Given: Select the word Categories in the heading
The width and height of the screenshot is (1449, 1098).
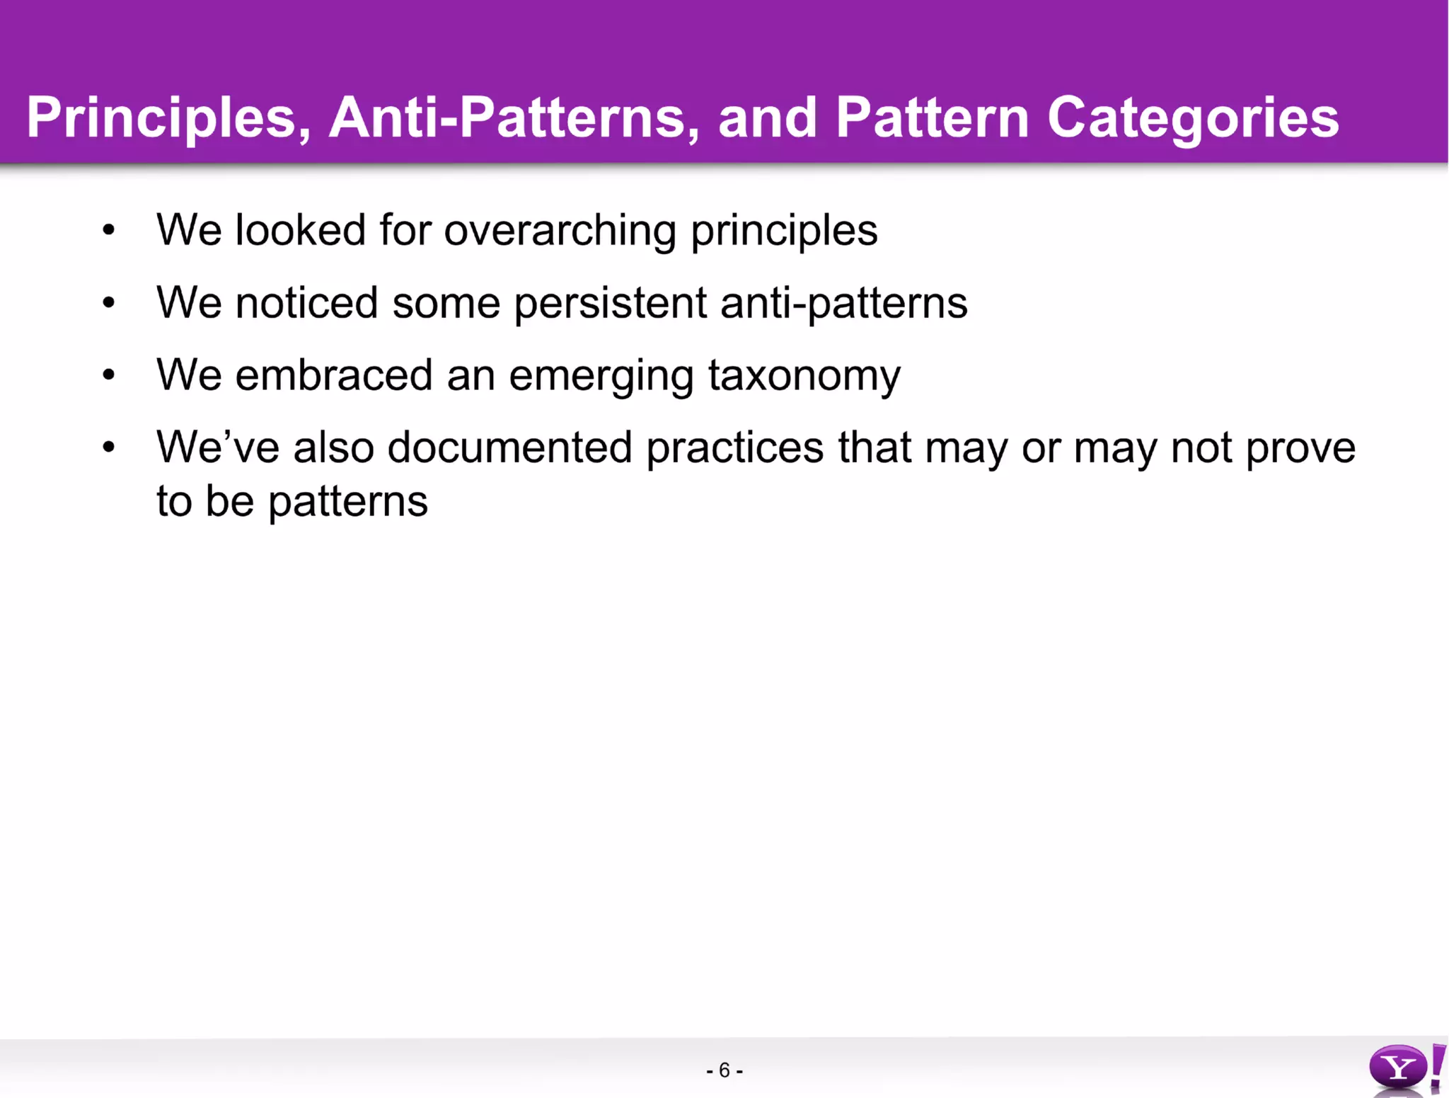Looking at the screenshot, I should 1193,118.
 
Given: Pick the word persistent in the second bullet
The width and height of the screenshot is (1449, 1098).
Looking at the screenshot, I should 610,303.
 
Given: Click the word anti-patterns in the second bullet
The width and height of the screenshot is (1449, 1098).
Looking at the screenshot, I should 843,303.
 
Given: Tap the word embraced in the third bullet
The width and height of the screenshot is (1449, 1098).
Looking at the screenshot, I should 333,375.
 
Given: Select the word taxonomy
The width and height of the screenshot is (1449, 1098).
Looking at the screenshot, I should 804,375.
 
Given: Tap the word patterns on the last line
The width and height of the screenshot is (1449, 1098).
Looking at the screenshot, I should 348,502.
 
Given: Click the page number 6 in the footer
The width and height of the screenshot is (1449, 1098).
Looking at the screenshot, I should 724,1070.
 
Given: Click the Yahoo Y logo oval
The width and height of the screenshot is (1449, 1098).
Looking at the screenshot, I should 1397,1068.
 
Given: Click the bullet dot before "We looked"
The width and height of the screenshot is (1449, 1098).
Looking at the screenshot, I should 108,230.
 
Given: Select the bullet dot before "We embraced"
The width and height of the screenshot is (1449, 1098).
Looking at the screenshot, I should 108,375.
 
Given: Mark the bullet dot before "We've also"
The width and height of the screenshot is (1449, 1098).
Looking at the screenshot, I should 108,447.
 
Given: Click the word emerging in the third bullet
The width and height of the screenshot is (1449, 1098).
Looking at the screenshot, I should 601,375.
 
